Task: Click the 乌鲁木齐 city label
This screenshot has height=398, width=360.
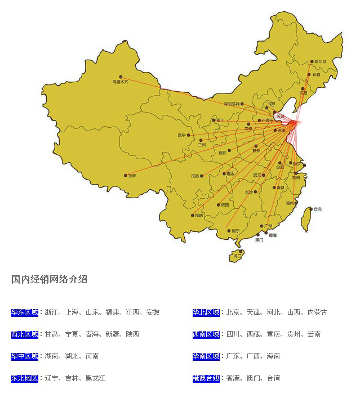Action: click(x=121, y=82)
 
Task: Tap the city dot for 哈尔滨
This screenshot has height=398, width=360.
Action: click(x=312, y=62)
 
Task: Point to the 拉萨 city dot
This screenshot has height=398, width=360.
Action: click(x=126, y=176)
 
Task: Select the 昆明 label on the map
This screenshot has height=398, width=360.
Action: click(x=198, y=216)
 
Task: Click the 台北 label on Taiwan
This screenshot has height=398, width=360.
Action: click(x=318, y=209)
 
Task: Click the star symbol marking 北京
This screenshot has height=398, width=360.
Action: click(x=266, y=108)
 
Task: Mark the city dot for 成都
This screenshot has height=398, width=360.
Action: click(x=202, y=176)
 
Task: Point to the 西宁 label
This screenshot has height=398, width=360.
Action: click(x=181, y=135)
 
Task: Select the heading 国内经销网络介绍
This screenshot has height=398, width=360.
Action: click(x=49, y=279)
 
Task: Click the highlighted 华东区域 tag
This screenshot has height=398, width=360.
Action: click(x=25, y=312)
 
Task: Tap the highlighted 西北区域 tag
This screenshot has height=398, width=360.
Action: click(x=25, y=334)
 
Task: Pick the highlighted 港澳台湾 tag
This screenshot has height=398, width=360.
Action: click(x=206, y=378)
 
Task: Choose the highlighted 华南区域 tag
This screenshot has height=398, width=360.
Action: click(x=206, y=356)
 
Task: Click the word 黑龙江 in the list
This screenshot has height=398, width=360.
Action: click(x=95, y=378)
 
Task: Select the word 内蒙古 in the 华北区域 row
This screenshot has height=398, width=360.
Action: click(x=317, y=312)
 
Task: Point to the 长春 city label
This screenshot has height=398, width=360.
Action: click(x=317, y=74)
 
